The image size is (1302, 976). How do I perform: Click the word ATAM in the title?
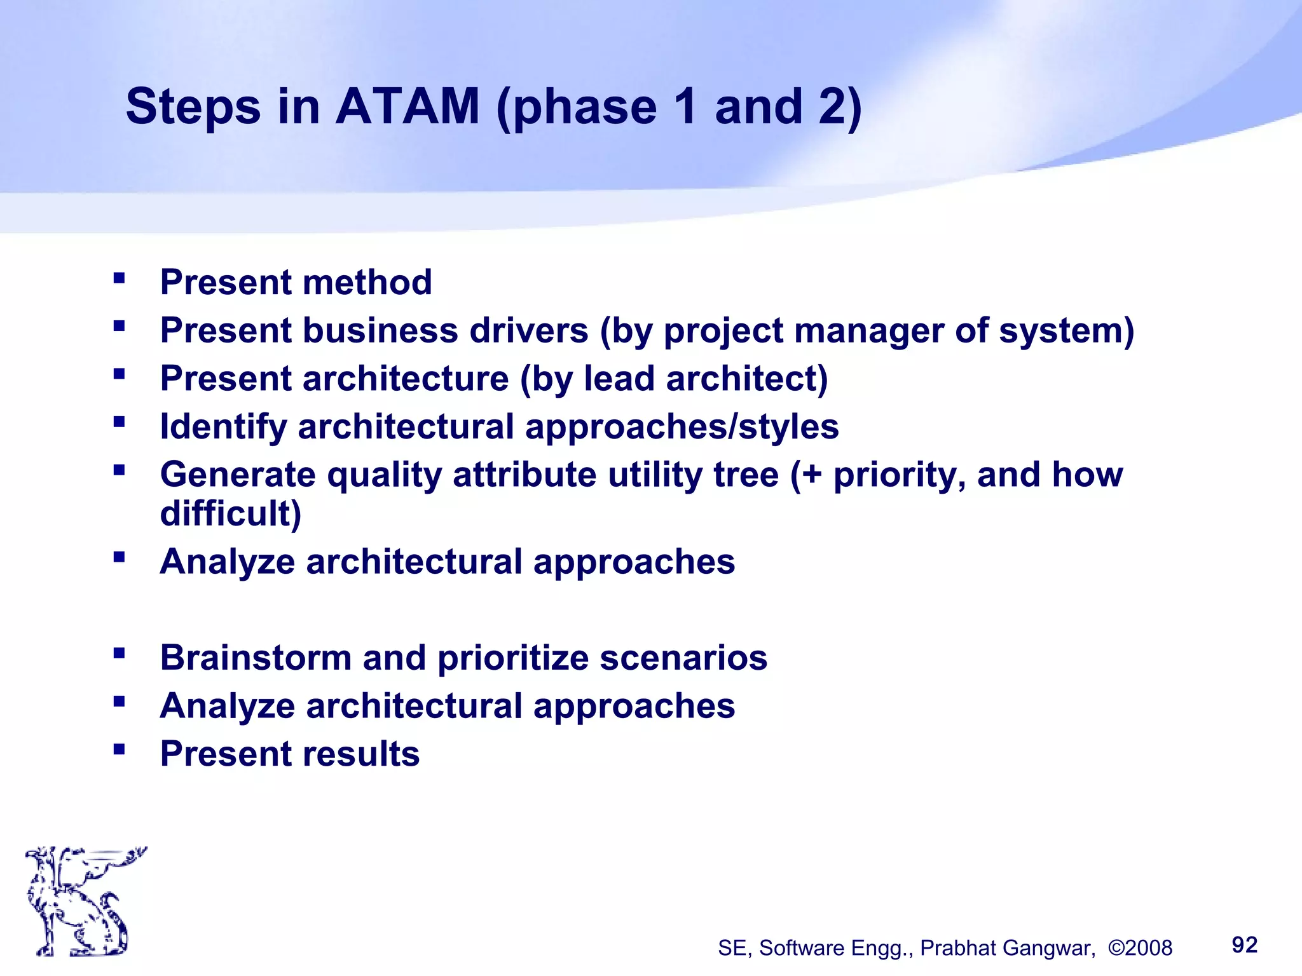[407, 107]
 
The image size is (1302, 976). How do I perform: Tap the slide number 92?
[1244, 945]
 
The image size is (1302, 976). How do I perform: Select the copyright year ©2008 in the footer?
[1140, 948]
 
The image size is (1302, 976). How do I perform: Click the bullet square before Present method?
[119, 278]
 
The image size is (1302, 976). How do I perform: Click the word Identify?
[223, 427]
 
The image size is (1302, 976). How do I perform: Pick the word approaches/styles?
[682, 427]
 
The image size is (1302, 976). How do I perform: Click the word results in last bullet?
[361, 754]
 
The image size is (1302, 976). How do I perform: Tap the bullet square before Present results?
[119, 749]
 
